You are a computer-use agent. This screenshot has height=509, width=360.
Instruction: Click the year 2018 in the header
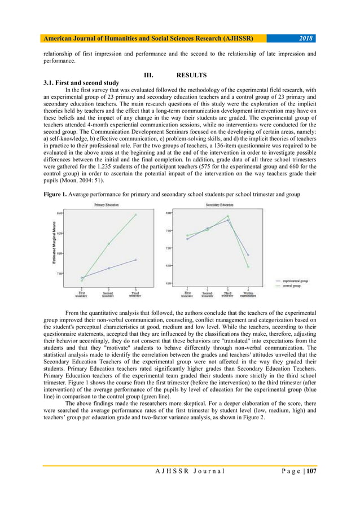pos(305,38)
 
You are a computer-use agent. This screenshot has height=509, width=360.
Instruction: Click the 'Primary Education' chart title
pos(106,205)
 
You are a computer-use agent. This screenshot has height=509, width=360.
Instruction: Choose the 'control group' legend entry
pos(293,286)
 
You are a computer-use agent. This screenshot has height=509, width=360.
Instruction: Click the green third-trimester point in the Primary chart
pos(135,215)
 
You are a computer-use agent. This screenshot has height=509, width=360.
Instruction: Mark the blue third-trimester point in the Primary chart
pos(135,260)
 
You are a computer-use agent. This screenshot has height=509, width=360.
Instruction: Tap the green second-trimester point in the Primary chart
pos(108,244)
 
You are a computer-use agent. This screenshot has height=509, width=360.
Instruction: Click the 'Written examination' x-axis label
pos(248,295)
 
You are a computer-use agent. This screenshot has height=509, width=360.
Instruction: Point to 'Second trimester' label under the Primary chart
pos(108,295)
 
